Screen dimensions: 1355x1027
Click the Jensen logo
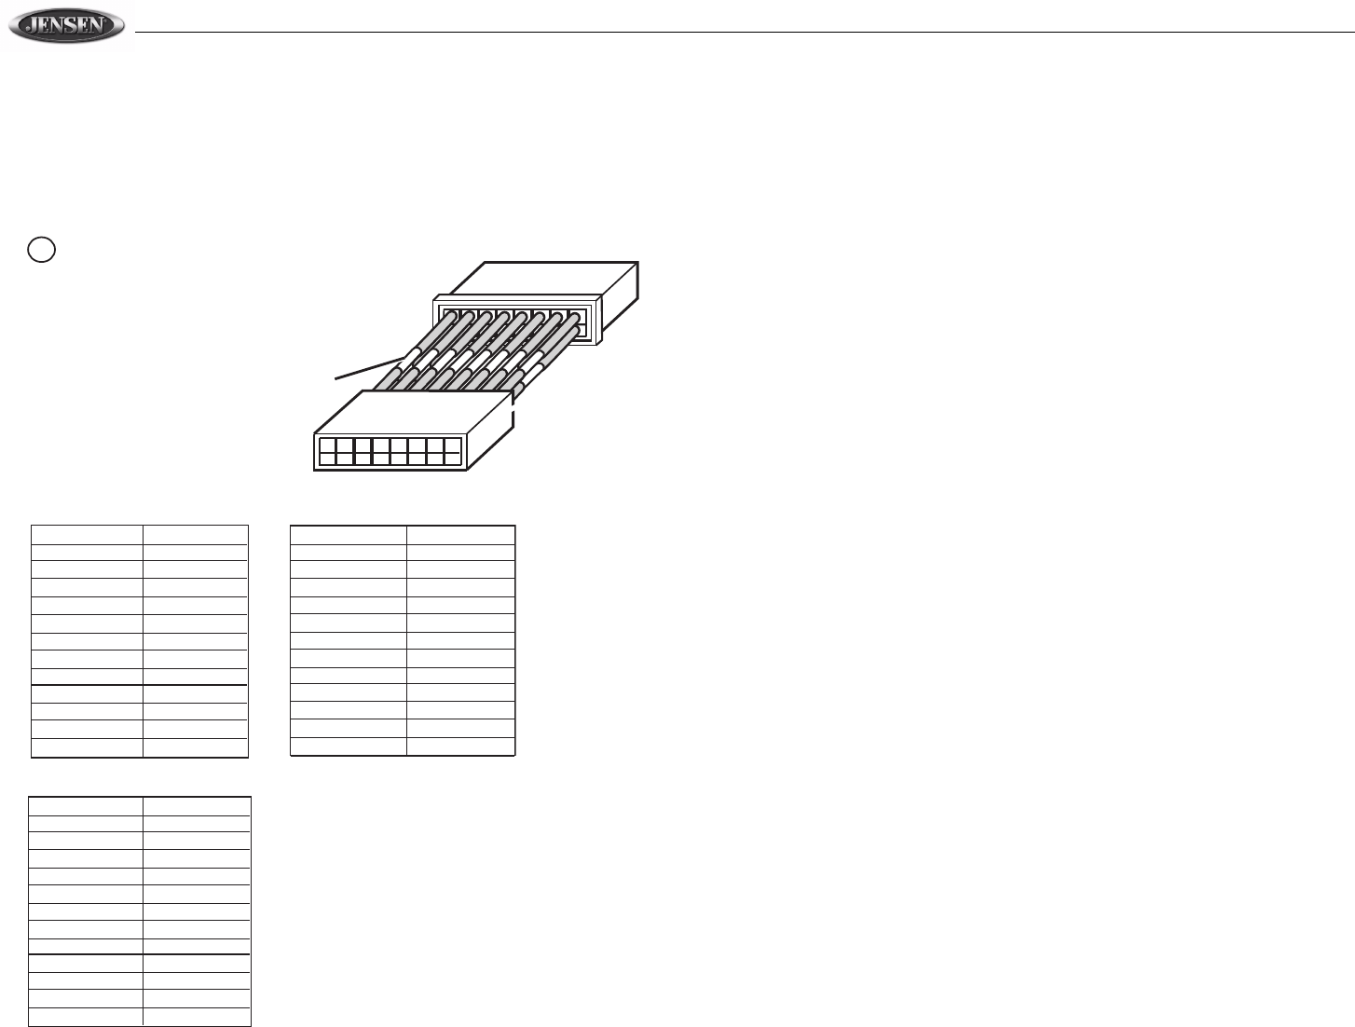[x=65, y=27]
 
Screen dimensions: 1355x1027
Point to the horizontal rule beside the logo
[x=746, y=33]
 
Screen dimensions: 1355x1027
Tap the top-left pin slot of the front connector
[x=327, y=443]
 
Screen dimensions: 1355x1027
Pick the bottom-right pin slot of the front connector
[x=453, y=457]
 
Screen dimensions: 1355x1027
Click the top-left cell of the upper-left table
[x=87, y=534]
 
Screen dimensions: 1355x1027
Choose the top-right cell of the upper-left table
[x=195, y=534]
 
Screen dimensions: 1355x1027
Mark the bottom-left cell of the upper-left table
[x=87, y=747]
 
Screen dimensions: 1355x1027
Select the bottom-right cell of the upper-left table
[x=195, y=747]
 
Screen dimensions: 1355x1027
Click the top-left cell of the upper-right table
[x=349, y=534]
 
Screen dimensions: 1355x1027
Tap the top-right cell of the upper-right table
[x=460, y=534]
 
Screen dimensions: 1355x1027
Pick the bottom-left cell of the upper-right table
[x=349, y=746]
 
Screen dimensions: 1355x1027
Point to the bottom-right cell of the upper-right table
[x=460, y=746]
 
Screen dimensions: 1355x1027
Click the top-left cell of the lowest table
[x=86, y=806]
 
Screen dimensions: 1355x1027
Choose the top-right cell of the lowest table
[x=196, y=806]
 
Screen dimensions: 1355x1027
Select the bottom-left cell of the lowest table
[x=86, y=1017]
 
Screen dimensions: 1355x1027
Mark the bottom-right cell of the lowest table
[x=196, y=1017]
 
